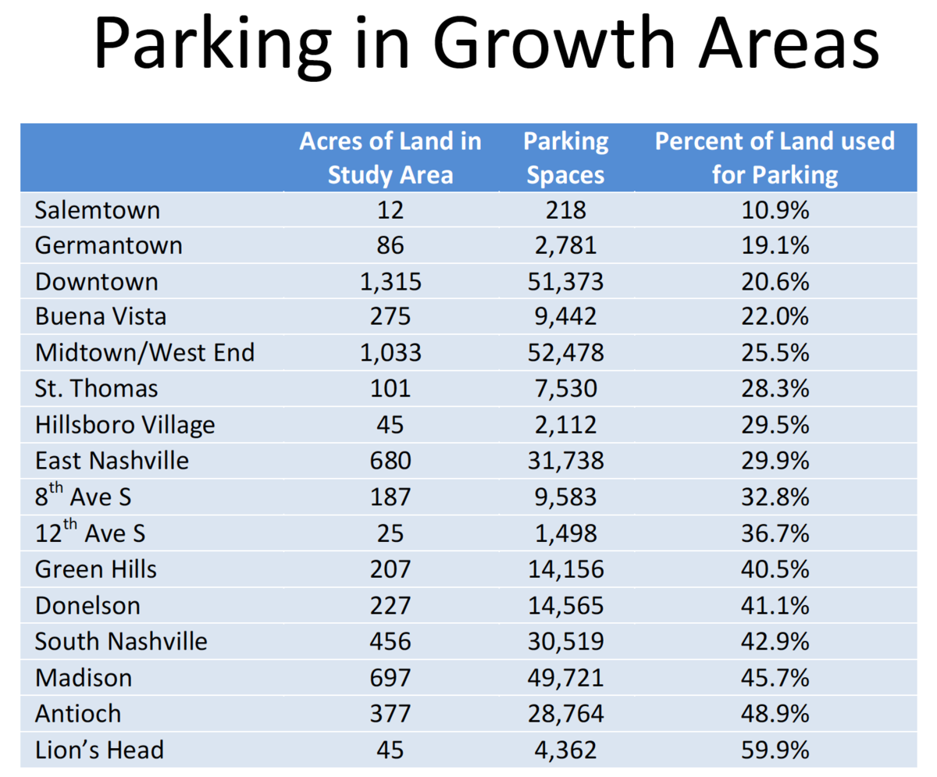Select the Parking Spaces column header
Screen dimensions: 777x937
point(565,157)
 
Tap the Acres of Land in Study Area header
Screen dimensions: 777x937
point(390,157)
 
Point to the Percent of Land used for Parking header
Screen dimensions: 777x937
point(774,157)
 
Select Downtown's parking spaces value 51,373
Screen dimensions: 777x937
point(565,281)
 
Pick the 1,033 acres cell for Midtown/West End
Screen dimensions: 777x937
point(390,353)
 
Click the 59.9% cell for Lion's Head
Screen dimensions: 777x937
point(774,750)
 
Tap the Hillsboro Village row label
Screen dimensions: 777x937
point(125,425)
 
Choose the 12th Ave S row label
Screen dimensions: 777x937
point(90,533)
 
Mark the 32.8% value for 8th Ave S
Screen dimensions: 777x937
point(774,497)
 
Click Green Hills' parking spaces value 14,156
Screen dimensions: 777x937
point(565,569)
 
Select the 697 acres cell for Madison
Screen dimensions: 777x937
point(390,678)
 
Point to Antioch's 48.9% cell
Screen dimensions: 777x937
point(774,714)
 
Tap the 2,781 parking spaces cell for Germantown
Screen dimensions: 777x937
point(565,245)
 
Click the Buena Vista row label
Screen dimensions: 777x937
point(101,317)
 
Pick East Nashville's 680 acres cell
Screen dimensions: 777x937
point(390,461)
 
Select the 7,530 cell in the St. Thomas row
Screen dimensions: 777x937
point(565,389)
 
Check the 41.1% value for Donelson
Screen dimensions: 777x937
point(774,606)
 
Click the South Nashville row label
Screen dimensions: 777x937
point(121,642)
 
